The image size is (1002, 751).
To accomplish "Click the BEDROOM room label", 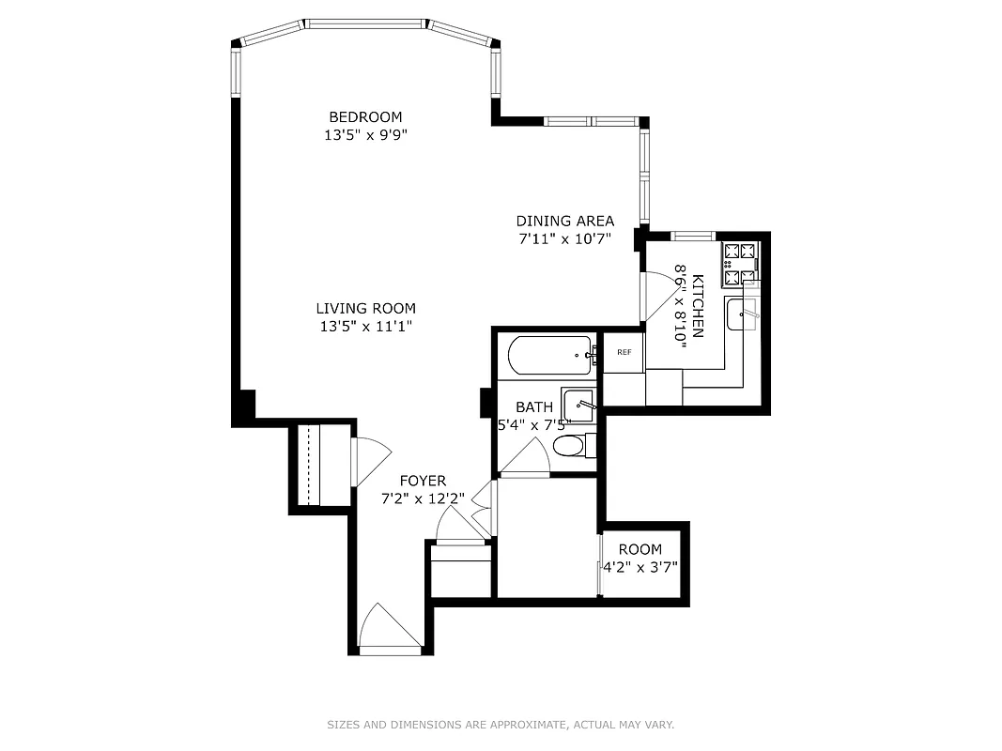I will coord(365,117).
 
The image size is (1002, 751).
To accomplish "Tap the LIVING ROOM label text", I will coord(365,308).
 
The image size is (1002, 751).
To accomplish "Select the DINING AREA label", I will coord(564,222).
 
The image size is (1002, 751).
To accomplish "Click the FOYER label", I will coord(423,481).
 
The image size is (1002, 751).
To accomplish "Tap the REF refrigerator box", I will coord(624,352).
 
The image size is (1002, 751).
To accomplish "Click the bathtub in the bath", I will coord(549,356).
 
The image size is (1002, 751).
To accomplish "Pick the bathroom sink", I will coord(578,405).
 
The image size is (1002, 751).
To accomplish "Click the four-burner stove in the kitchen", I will coord(739,264).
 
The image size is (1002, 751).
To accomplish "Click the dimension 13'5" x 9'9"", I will coord(365,135).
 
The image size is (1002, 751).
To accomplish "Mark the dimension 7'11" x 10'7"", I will coord(564,238).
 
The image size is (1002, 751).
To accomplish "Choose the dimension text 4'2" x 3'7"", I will coord(640,566).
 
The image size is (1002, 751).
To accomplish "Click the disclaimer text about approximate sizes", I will coord(501,725).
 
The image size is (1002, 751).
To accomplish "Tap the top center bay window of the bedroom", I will coord(365,23).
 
